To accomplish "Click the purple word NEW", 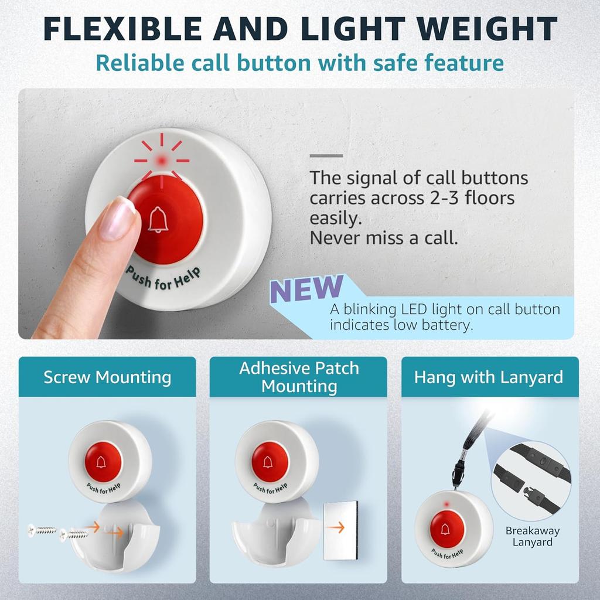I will [306, 289].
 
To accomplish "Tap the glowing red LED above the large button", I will [161, 159].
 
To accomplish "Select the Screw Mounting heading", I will [107, 377].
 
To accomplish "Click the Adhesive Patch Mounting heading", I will [299, 377].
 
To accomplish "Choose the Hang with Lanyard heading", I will [489, 377].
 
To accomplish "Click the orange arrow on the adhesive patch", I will [335, 527].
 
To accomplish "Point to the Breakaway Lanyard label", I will [533, 536].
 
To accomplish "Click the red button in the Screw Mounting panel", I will [103, 462].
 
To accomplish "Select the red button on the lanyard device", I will [446, 529].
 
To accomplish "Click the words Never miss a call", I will [384, 238].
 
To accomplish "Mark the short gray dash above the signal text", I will [326, 156].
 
